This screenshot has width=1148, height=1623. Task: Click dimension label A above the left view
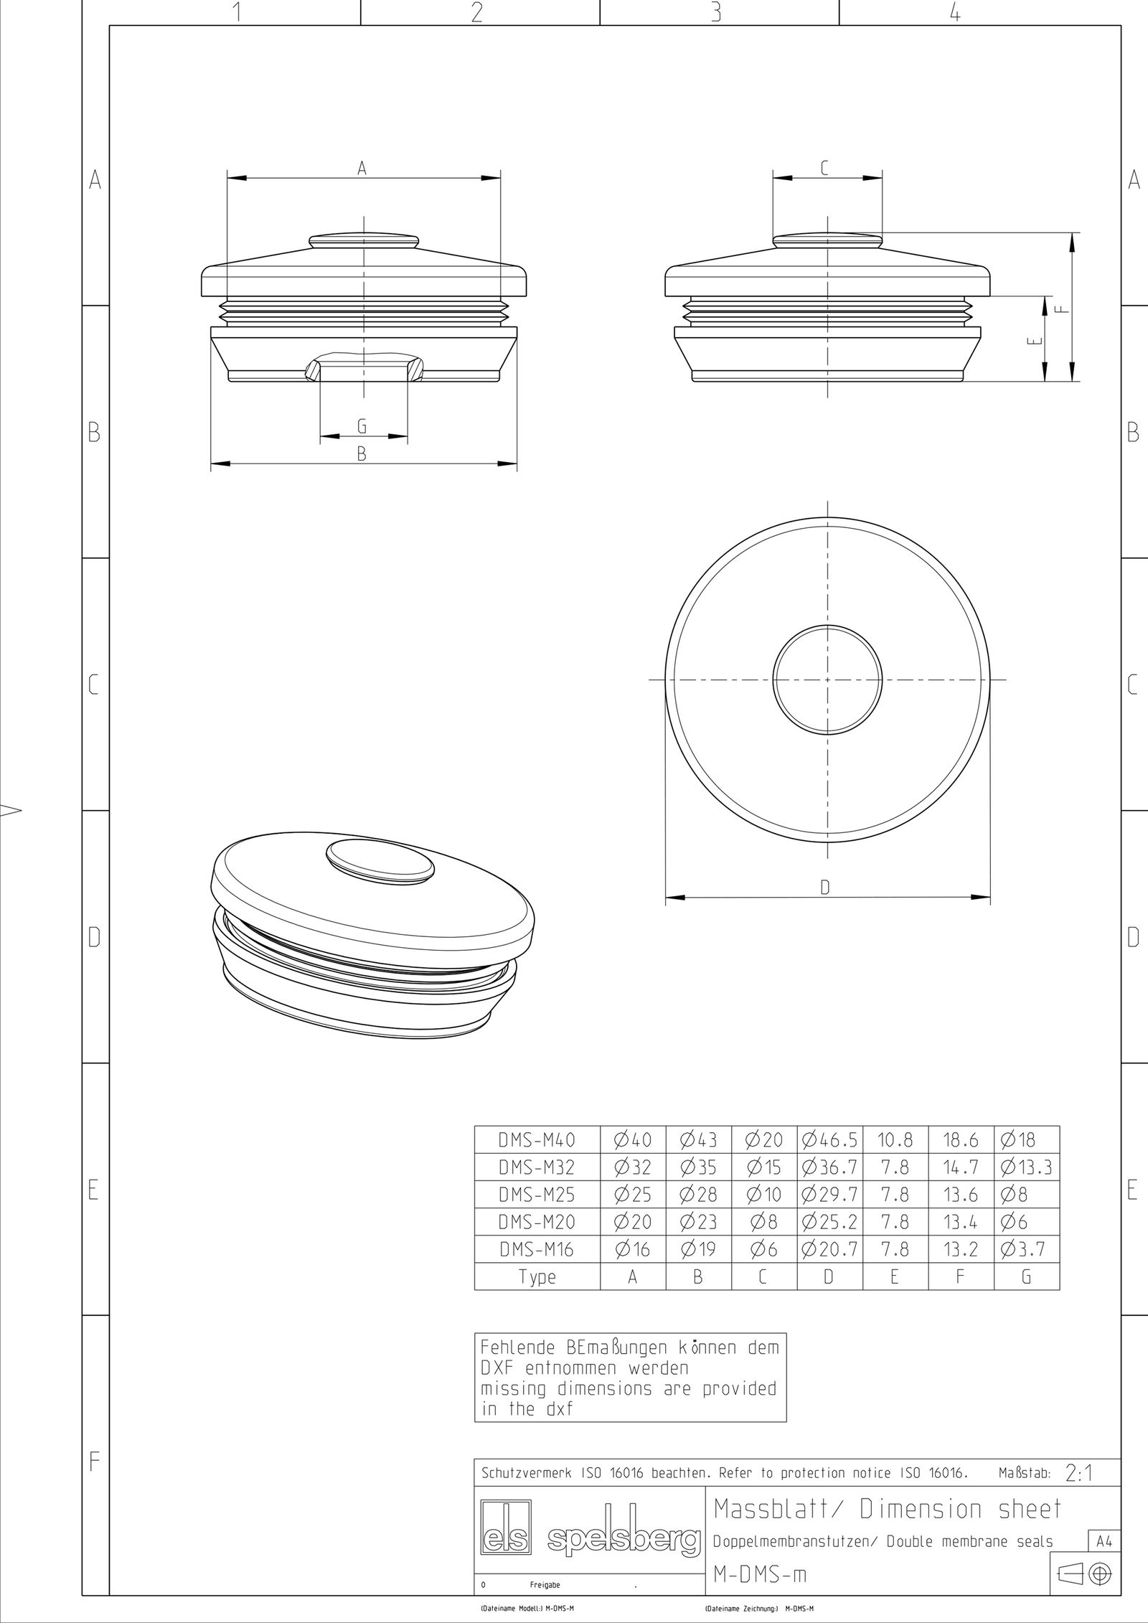click(362, 168)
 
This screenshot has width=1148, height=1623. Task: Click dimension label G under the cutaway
click(362, 426)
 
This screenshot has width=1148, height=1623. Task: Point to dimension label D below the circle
click(825, 888)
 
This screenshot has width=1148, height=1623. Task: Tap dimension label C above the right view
click(824, 168)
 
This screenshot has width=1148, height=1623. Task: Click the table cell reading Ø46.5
click(829, 1139)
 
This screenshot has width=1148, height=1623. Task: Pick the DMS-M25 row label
click(537, 1195)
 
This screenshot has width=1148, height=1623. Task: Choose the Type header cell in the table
click(537, 1277)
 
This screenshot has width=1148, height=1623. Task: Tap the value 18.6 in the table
click(961, 1139)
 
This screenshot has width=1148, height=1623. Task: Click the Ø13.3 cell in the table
click(1026, 1167)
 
